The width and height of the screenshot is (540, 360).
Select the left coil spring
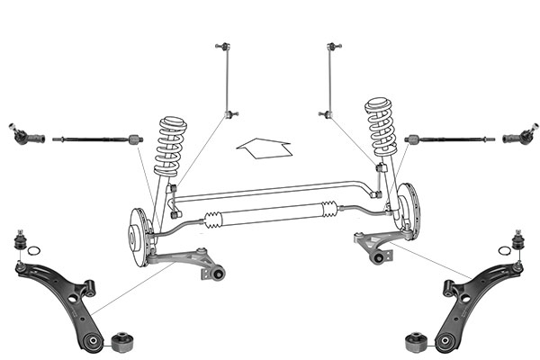170,145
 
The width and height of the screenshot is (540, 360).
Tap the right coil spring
381,127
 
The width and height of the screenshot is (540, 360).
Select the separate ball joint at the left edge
20,241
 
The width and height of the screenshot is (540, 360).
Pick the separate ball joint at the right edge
517,240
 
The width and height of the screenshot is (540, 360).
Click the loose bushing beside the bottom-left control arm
123,342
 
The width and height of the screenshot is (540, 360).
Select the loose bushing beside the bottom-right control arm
415,343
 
